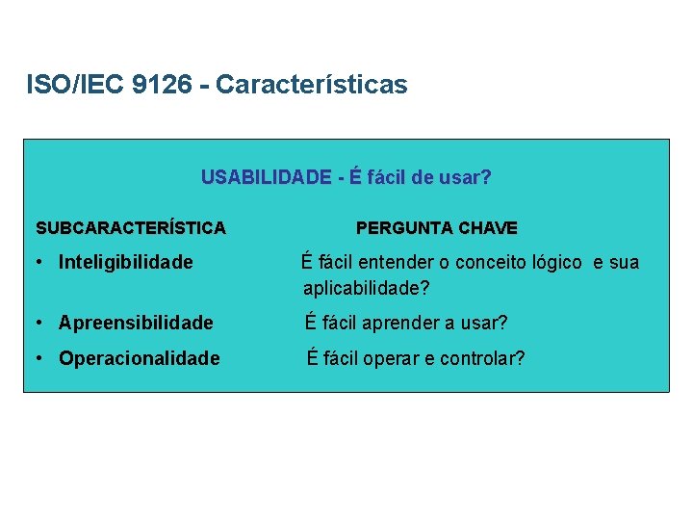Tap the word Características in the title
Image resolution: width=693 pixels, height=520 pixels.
point(312,85)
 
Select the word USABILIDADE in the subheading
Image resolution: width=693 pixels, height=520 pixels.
point(265,177)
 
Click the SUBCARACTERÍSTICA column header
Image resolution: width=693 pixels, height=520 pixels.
point(131,228)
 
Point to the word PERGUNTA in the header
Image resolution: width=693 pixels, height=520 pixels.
point(404,228)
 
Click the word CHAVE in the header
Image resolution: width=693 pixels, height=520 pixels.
point(488,228)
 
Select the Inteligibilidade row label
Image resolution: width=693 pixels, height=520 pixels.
point(125,262)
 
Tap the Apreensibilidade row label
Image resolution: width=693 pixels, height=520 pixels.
point(136,323)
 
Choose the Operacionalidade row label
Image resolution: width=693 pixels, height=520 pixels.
point(139,358)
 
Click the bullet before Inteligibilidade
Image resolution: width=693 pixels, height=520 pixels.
point(37,262)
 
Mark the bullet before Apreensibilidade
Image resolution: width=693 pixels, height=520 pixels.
point(37,323)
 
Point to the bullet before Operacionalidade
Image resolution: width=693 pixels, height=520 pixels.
point(37,358)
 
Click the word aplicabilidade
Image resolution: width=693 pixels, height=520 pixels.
point(361,288)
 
